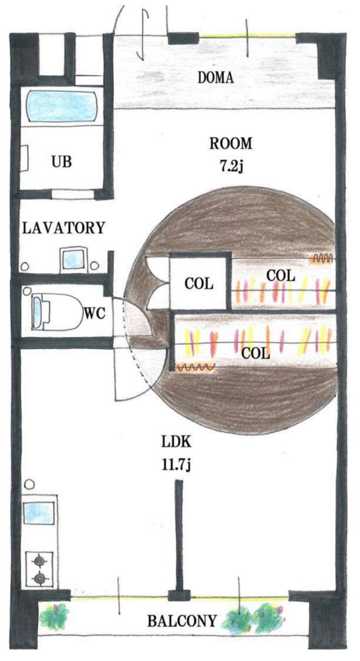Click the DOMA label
[x=215, y=78]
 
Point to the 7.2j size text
[x=232, y=167]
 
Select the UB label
[x=62, y=162]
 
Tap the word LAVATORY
[x=63, y=228]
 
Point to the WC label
[x=95, y=313]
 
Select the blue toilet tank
[x=37, y=312]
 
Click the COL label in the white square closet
[x=199, y=284]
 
